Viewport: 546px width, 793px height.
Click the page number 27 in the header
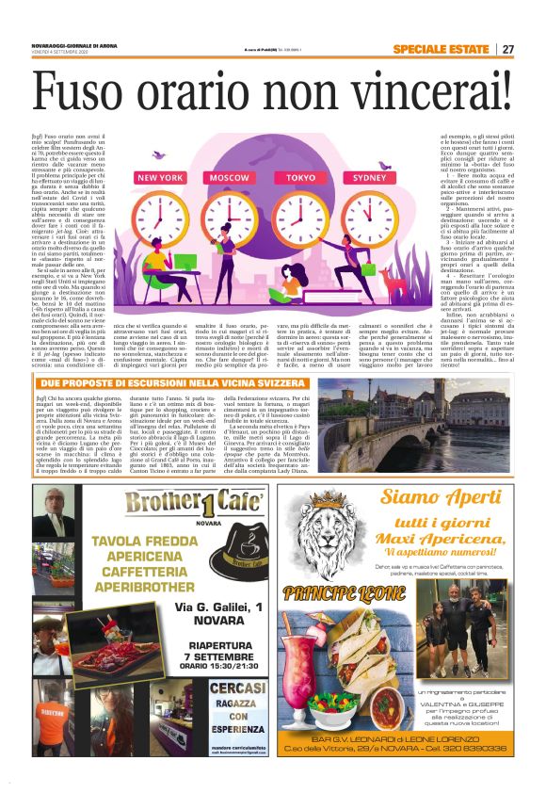click(507, 49)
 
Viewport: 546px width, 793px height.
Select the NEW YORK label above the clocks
click(160, 177)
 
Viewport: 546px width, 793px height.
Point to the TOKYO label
click(301, 177)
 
